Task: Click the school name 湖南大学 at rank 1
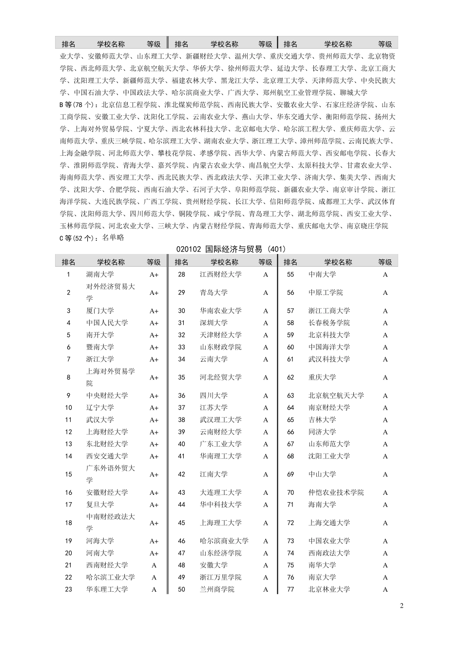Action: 100,274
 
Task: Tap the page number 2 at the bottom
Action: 402,606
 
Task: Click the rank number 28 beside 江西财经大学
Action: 181,274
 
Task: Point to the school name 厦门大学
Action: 100,311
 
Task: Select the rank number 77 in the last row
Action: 290,589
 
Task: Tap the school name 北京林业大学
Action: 329,589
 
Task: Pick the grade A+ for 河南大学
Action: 154,553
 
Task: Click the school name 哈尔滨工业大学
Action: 111,578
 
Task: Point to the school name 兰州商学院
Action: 217,589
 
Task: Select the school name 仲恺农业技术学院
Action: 336,492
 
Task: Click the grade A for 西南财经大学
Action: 154,565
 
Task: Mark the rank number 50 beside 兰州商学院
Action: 181,589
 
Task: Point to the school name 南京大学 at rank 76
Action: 322,578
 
